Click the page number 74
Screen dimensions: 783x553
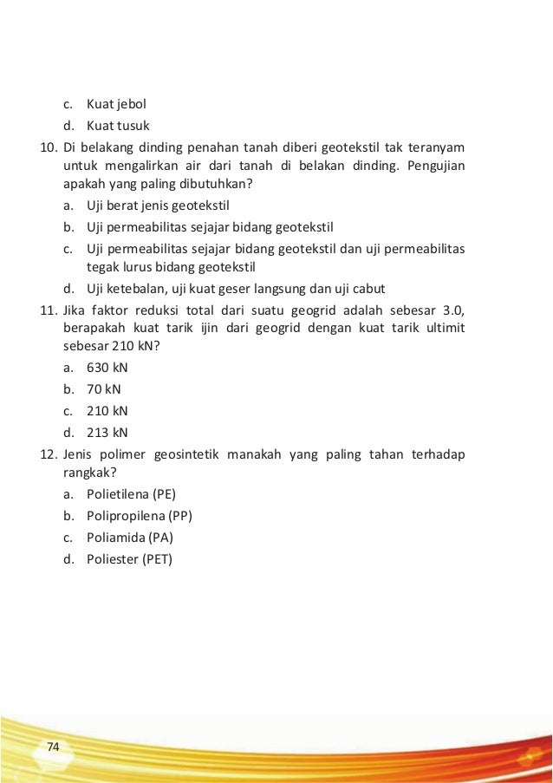coord(53,746)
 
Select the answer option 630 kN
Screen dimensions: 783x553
coord(107,367)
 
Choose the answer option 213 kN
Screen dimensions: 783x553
coord(107,432)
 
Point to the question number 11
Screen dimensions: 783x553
coord(50,310)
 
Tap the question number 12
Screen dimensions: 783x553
coord(50,453)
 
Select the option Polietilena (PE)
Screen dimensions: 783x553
coord(131,494)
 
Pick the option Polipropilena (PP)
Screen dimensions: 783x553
coord(139,516)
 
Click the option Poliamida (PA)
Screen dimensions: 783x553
coord(129,538)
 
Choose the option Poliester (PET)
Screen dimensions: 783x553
coord(129,559)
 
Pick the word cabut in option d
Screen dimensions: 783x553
coord(368,288)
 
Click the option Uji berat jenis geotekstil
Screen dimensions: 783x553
coord(157,206)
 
